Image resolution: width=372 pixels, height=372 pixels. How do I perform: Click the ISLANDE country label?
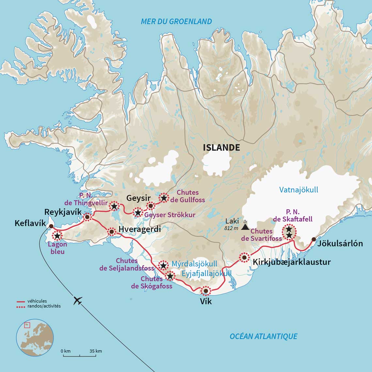pos(221,147)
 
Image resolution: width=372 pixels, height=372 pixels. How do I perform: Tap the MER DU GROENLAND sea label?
pos(176,22)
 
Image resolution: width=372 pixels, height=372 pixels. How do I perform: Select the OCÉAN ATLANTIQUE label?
pos(263,336)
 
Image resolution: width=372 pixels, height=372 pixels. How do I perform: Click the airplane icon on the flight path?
pos(78,300)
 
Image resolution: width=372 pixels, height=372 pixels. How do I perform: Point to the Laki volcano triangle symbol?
pos(245,226)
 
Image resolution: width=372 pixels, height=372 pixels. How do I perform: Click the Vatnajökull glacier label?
pos(299,190)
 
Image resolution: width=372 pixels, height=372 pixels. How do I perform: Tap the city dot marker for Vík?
pos(206,291)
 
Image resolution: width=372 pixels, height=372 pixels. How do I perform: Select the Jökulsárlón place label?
pos(340,243)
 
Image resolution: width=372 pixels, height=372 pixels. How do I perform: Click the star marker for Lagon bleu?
pos(57,235)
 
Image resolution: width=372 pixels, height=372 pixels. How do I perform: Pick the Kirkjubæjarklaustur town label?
pos(292,262)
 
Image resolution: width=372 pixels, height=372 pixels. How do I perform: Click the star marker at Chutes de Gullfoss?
pos(164,198)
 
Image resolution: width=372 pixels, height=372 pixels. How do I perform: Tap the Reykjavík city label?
pos(63,212)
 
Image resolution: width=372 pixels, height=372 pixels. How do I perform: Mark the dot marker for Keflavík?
pos(51,226)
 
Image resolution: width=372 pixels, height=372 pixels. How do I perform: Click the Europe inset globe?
pos(35,337)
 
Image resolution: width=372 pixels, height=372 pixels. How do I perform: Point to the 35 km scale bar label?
pos(96,351)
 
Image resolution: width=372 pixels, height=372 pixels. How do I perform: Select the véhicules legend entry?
pos(37,301)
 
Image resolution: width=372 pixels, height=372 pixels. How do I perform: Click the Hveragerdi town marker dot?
pos(112,232)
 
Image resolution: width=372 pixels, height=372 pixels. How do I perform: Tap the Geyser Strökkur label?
pos(170,215)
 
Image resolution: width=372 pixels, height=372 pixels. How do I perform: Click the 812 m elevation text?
pos(231,228)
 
